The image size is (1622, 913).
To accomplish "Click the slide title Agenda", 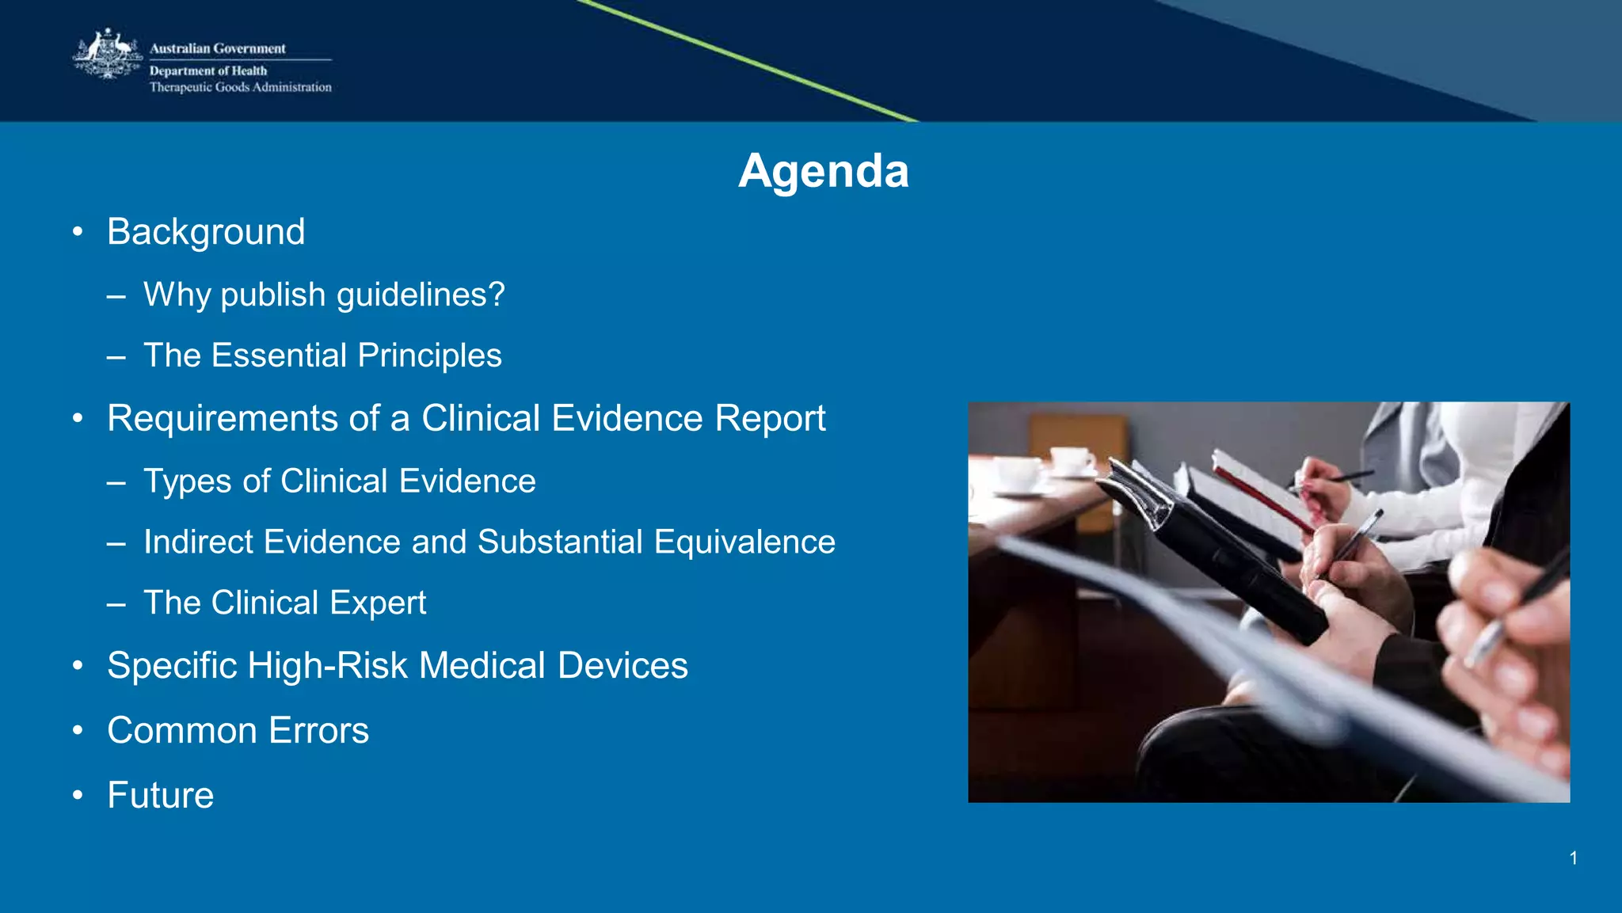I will click(x=823, y=170).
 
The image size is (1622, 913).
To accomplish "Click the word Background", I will click(x=206, y=232).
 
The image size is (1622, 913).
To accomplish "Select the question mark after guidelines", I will click(x=497, y=294).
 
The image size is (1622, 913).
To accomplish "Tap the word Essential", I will click(x=280, y=356).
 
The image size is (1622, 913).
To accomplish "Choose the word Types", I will click(x=188, y=481).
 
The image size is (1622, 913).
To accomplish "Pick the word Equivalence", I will click(x=744, y=542).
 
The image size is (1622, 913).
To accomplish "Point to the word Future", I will click(x=161, y=795).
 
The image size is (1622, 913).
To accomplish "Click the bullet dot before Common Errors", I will click(x=77, y=730).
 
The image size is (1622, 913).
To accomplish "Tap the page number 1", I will click(x=1573, y=858).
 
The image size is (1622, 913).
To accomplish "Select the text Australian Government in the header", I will click(x=218, y=48).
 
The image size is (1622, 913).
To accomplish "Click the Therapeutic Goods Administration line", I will click(x=241, y=87).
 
